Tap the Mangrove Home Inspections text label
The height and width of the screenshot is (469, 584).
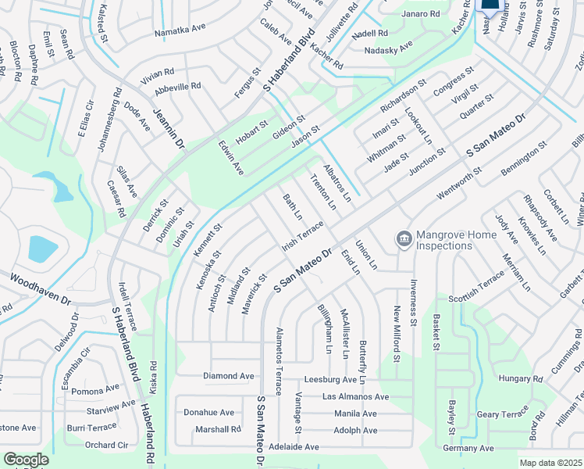[443, 240]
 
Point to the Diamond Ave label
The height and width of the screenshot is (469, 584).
[229, 376]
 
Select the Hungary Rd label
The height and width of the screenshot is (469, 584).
[515, 378]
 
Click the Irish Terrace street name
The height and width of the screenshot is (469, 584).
[302, 235]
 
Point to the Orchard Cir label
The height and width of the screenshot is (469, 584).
[106, 446]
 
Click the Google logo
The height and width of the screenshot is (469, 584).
[26, 460]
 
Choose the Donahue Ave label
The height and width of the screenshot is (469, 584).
[208, 413]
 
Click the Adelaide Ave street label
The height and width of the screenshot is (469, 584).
[294, 447]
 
